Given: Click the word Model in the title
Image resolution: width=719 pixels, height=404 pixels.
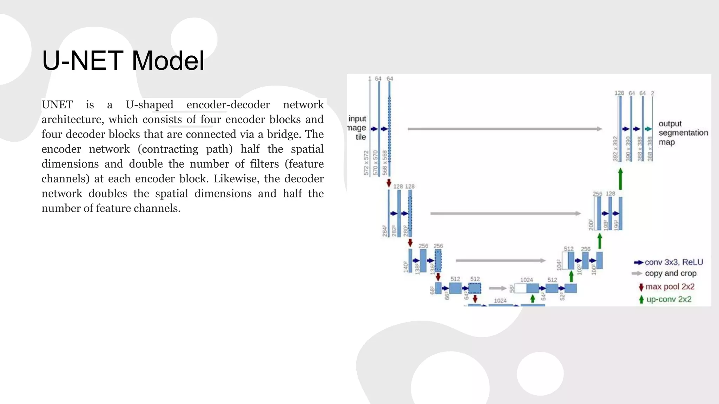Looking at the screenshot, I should pos(168,60).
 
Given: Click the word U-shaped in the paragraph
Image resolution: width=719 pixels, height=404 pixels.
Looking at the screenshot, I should pos(150,105).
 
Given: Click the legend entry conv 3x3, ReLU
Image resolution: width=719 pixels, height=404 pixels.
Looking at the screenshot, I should pos(673,262).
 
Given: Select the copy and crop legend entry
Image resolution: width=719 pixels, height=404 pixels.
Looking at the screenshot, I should pos(670,274).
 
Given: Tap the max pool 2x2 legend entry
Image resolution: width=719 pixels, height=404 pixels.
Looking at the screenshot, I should pos(669,287).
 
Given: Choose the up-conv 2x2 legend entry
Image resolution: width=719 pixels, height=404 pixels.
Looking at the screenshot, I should pos(668,299).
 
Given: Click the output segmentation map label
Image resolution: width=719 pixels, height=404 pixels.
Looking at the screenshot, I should pos(683,133).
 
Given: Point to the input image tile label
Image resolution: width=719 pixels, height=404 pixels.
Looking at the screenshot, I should pos(357,128).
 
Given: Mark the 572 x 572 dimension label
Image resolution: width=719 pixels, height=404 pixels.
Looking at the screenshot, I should pos(366,163).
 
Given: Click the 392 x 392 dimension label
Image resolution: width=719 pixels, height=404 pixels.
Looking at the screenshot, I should pos(615,149).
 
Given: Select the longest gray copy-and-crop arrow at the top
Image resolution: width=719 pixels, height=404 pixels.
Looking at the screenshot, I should pos(504,129).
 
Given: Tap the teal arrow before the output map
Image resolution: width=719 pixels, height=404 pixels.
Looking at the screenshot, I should pos(648,129).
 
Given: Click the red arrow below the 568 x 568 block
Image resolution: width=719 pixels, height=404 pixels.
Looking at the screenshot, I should pos(389,183).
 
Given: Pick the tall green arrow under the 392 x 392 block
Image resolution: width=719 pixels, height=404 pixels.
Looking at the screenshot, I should pos(620,179).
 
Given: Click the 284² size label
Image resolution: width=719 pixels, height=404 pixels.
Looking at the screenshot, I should pos(384,231).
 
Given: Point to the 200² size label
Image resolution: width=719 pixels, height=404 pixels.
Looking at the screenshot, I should pos(591,225).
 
